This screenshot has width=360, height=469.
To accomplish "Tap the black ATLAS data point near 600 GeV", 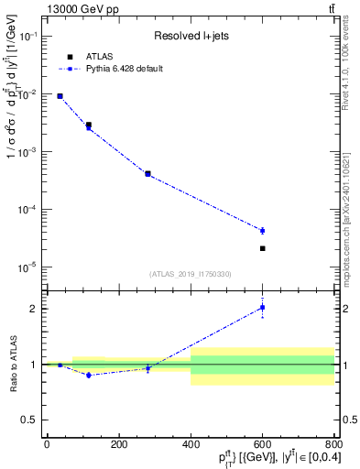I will tap(262, 248).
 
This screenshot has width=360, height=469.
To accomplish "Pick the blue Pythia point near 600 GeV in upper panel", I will tap(262, 231).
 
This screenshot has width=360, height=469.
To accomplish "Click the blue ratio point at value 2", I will tap(262, 308).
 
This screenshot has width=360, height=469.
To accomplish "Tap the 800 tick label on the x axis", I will tap(333, 444).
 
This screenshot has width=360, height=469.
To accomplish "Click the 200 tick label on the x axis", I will tap(118, 444).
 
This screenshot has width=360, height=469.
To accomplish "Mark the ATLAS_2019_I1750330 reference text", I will tap(190, 274).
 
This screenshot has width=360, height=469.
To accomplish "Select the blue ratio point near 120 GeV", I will tap(89, 375).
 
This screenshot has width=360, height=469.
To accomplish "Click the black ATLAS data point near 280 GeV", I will tap(147, 173).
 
